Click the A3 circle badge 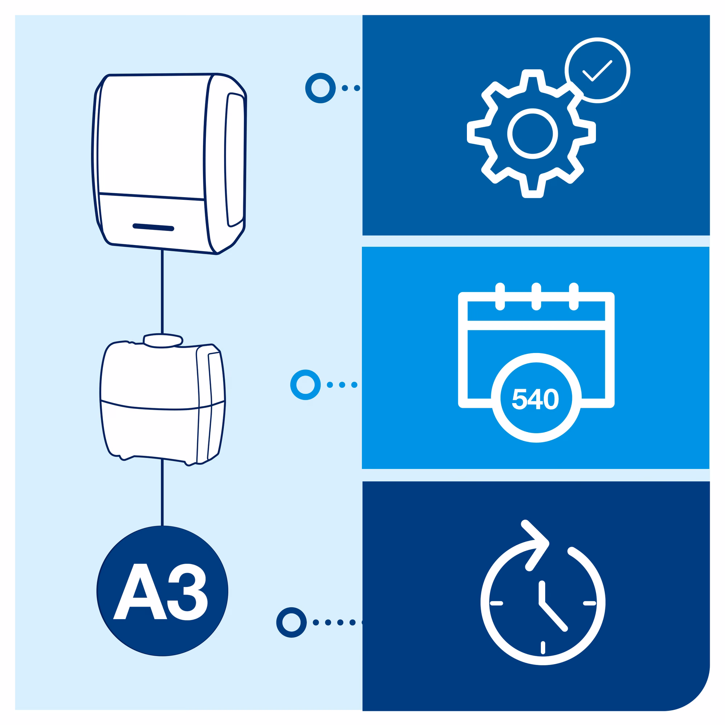[162, 591]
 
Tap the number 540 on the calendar [535, 398]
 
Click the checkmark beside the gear [597, 70]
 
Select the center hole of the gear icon [532, 134]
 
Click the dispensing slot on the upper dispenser [153, 227]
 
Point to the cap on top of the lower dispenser [163, 340]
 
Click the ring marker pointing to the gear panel [320, 88]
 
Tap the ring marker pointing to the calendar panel [305, 385]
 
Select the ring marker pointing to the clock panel [291, 622]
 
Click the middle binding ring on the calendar [536, 297]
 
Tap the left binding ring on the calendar [500, 297]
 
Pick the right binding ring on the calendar [573, 297]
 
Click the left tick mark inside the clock [497, 603]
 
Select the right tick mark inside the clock [589, 603]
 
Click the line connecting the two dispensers [162, 291]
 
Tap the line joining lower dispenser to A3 [162, 492]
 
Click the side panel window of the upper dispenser [235, 160]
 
